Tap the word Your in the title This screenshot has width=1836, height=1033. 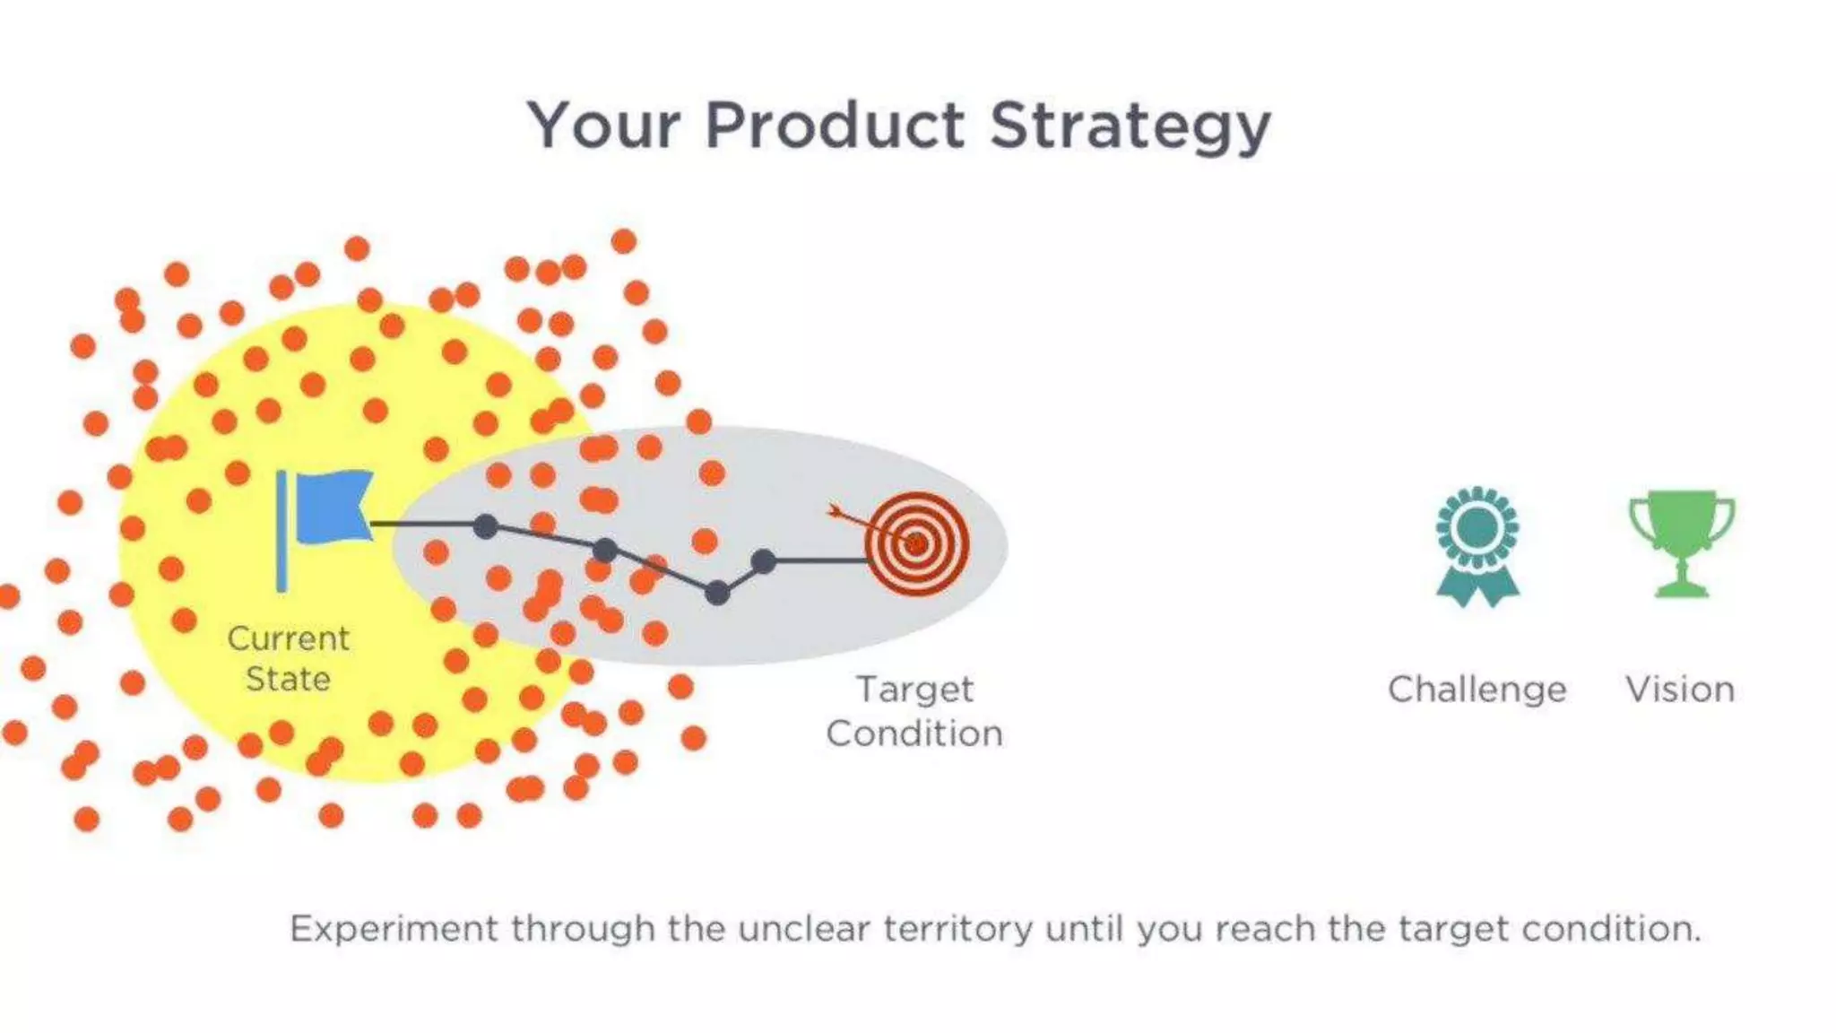(x=603, y=126)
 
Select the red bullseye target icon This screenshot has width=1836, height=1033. (x=916, y=543)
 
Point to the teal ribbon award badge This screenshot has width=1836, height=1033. (x=1477, y=545)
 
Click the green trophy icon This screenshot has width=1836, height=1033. (x=1682, y=538)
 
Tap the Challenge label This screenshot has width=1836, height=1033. (x=1477, y=690)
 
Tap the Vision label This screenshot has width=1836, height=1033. (x=1680, y=690)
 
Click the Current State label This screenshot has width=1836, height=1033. (x=288, y=658)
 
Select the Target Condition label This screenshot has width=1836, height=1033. (x=914, y=711)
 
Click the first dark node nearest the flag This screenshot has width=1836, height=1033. (x=485, y=525)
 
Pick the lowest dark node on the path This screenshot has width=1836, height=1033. (x=717, y=593)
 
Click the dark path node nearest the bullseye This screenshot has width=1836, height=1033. (x=763, y=562)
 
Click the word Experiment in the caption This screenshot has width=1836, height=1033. (x=394, y=929)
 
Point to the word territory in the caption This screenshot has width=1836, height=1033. (x=957, y=929)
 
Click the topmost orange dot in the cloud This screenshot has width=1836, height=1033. (x=624, y=241)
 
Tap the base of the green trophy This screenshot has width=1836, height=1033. (x=1682, y=589)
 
